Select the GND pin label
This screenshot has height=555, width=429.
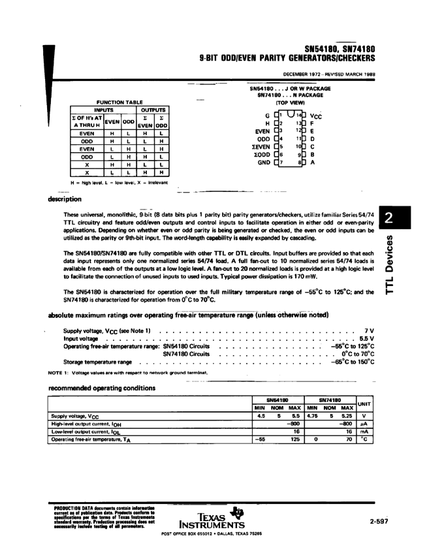tap(263, 162)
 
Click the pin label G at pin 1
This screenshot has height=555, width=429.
tap(267, 115)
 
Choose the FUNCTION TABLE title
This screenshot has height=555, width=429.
tap(119, 103)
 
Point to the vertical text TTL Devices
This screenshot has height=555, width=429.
tap(390, 264)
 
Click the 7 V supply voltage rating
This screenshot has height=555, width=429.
tap(369, 331)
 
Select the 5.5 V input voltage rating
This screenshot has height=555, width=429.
tap(366, 339)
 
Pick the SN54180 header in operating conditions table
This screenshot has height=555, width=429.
tap(279, 399)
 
